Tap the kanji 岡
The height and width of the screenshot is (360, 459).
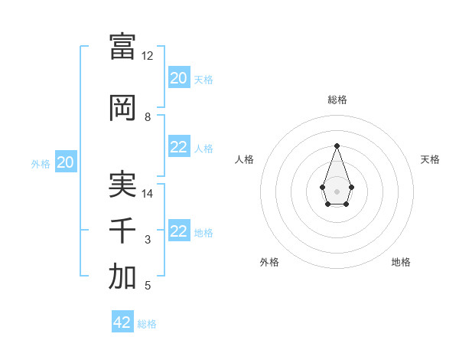122,108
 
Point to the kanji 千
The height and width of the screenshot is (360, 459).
122,231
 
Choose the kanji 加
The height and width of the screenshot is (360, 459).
122,277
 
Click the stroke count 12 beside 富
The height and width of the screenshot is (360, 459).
148,56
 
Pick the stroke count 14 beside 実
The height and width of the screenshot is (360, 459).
148,194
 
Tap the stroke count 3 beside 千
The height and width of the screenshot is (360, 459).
148,240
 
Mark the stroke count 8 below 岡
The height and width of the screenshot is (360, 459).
148,117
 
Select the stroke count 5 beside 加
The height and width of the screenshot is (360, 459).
148,286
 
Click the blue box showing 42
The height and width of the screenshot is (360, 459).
122,322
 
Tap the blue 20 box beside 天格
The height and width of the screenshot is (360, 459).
179,78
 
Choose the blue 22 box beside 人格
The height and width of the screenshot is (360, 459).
179,147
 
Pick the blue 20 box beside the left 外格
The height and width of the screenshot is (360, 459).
66,162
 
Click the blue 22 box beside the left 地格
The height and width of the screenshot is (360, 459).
179,231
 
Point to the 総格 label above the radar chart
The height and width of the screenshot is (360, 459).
337,100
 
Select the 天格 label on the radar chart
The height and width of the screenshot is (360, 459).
431,159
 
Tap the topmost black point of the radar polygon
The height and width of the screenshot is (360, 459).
337,145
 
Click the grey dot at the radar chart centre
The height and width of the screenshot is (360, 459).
337,191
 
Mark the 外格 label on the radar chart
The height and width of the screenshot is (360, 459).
269,262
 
